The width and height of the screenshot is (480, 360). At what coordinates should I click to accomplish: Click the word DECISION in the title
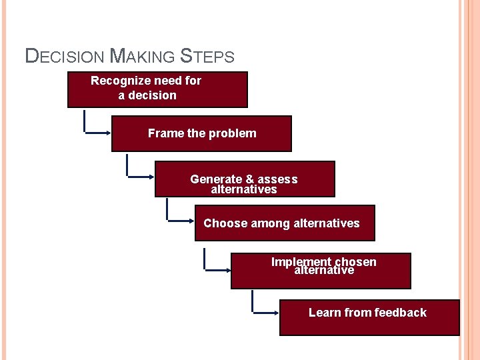click(64, 56)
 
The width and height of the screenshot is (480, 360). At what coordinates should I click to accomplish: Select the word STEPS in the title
click(207, 56)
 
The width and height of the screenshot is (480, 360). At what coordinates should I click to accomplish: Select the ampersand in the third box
click(251, 179)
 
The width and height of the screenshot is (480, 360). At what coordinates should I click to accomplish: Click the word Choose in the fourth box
click(225, 223)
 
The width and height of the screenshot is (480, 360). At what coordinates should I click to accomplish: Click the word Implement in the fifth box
click(301, 261)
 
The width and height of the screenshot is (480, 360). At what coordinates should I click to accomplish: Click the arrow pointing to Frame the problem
click(97, 133)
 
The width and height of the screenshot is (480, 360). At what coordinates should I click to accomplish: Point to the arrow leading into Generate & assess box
click(140, 177)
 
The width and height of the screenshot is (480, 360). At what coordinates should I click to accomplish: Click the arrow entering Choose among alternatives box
click(180, 219)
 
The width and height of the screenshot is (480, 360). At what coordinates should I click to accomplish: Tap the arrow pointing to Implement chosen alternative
click(217, 269)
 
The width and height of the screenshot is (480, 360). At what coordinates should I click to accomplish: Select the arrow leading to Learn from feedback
click(265, 311)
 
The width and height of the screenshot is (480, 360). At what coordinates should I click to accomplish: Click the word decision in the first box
click(154, 95)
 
